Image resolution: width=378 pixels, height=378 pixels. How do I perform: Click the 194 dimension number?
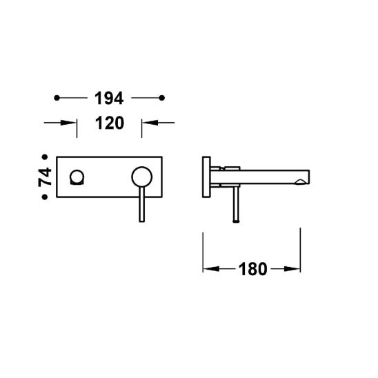109,98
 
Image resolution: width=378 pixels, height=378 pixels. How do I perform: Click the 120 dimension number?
110,123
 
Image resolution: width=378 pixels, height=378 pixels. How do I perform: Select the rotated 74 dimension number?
45,177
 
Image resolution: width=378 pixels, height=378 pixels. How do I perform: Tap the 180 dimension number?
252,269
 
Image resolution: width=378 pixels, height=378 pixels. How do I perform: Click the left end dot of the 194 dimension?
57,98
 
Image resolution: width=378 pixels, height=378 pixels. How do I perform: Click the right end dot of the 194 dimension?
162,98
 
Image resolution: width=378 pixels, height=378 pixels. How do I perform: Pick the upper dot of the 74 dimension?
45,157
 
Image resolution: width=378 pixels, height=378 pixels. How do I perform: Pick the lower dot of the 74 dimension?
45,197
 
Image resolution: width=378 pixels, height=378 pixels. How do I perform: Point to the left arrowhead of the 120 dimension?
69,123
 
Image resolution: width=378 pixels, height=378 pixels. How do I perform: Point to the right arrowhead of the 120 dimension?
150,123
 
